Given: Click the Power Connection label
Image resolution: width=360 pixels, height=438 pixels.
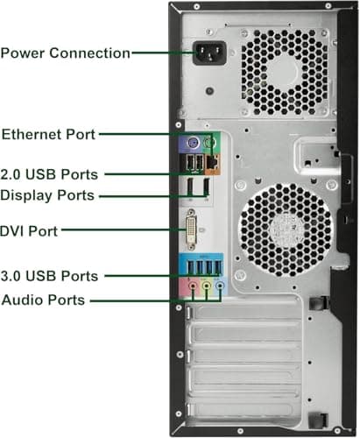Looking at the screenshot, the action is coord(65,53).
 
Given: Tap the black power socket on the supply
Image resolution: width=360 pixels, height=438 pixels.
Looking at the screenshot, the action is coord(209,53).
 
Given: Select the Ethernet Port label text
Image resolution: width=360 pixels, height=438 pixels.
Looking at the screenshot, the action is coord(48,134).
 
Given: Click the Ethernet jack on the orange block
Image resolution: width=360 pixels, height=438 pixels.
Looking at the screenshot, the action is coord(213,162).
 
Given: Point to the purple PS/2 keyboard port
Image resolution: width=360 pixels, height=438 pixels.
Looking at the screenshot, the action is coord(192,143).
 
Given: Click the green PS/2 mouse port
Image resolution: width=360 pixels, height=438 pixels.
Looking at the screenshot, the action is coord(209,143).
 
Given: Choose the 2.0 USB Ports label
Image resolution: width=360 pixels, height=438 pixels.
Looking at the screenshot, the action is coord(49,174).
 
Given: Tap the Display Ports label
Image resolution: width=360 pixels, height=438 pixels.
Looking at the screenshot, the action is coord(47,195).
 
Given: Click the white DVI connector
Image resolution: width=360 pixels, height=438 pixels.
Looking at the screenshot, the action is coord(191,230).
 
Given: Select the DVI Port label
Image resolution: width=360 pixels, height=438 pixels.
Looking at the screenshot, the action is coord(29,231).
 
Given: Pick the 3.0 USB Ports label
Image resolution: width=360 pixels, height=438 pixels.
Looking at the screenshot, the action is coord(49,276).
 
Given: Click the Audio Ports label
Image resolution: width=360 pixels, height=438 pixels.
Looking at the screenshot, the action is coord(43,300).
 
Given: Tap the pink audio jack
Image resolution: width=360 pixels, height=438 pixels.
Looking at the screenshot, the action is coord(193,286).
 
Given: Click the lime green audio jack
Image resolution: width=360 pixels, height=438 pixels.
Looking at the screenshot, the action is coord(207,286).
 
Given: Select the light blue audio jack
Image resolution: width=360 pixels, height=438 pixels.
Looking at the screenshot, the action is coord(221,286).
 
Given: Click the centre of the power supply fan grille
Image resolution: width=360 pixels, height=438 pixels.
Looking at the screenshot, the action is coord(284,72).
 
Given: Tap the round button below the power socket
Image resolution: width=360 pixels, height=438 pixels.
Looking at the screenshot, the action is coord(209,91).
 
